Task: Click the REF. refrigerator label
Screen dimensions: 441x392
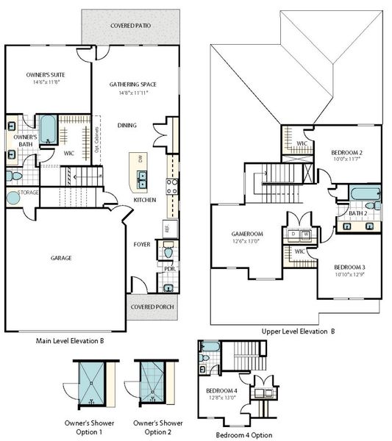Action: pos(167,229)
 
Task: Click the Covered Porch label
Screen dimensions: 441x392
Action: pos(152,306)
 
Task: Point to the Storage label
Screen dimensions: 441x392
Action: pos(29,193)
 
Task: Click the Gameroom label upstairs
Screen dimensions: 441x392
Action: pos(247,234)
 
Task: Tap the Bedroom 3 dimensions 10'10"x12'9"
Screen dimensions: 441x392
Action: pos(350,275)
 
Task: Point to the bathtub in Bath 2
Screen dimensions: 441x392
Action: pos(364,195)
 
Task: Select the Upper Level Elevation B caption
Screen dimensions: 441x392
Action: pos(298,331)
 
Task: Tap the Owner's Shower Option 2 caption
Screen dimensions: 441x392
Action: pos(158,428)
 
